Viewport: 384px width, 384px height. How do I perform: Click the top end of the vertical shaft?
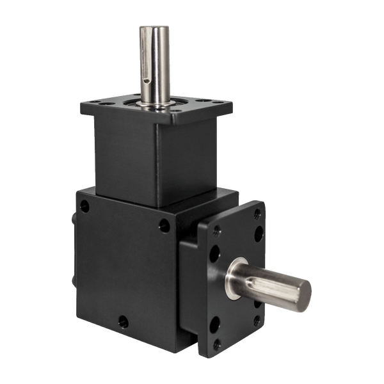(x=155, y=28)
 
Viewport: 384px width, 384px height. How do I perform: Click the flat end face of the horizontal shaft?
(x=304, y=291)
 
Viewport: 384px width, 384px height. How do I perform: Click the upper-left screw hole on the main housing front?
(x=84, y=206)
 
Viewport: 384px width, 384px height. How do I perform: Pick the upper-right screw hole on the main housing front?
(x=164, y=225)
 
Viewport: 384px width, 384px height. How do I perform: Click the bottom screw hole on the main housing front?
(x=123, y=321)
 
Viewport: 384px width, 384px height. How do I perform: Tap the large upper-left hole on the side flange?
(x=215, y=253)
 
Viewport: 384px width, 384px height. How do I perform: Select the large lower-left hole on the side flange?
(x=215, y=324)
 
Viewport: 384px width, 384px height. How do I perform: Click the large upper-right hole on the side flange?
(x=258, y=234)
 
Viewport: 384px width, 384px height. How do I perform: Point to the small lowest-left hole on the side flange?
(x=217, y=344)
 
